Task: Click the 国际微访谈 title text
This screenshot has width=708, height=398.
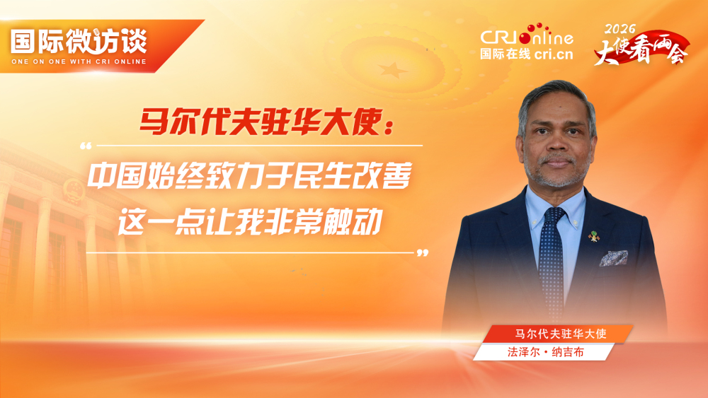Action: point(79,41)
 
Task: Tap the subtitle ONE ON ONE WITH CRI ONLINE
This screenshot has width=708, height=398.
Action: point(79,62)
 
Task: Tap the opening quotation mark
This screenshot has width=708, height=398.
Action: point(86,146)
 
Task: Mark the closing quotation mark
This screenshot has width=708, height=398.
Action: point(423,252)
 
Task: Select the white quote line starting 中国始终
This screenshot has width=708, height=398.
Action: point(249,176)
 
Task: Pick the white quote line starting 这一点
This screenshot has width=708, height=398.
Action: point(249,222)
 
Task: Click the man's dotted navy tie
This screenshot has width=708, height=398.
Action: point(552,254)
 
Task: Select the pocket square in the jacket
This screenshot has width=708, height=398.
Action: point(613,258)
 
